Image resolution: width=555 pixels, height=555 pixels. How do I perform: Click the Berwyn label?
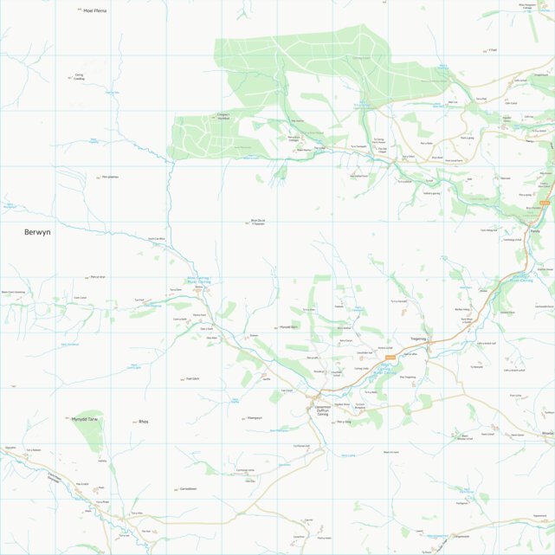tap(38, 232)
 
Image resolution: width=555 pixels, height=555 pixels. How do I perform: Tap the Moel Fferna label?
tap(94, 10)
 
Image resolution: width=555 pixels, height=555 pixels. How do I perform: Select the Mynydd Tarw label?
tap(87, 417)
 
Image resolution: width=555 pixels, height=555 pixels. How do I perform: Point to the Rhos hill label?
tap(143, 422)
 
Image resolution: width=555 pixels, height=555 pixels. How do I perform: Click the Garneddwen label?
tap(189, 488)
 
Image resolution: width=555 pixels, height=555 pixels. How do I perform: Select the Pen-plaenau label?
tap(110, 177)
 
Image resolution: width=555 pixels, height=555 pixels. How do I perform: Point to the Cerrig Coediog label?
tap(79, 77)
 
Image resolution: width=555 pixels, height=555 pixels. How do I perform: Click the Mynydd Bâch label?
tap(287, 327)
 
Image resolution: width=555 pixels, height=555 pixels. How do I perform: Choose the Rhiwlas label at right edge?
tap(547, 432)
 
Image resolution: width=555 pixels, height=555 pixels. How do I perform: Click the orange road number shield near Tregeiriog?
tap(390, 357)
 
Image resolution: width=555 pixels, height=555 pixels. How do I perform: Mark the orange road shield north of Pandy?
tap(545, 203)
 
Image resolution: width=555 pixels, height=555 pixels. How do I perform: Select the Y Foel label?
tap(493, 50)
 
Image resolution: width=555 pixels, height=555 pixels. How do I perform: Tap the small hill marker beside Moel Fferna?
tap(79, 10)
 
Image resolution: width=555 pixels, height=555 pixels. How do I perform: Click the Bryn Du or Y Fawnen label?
tap(257, 222)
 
